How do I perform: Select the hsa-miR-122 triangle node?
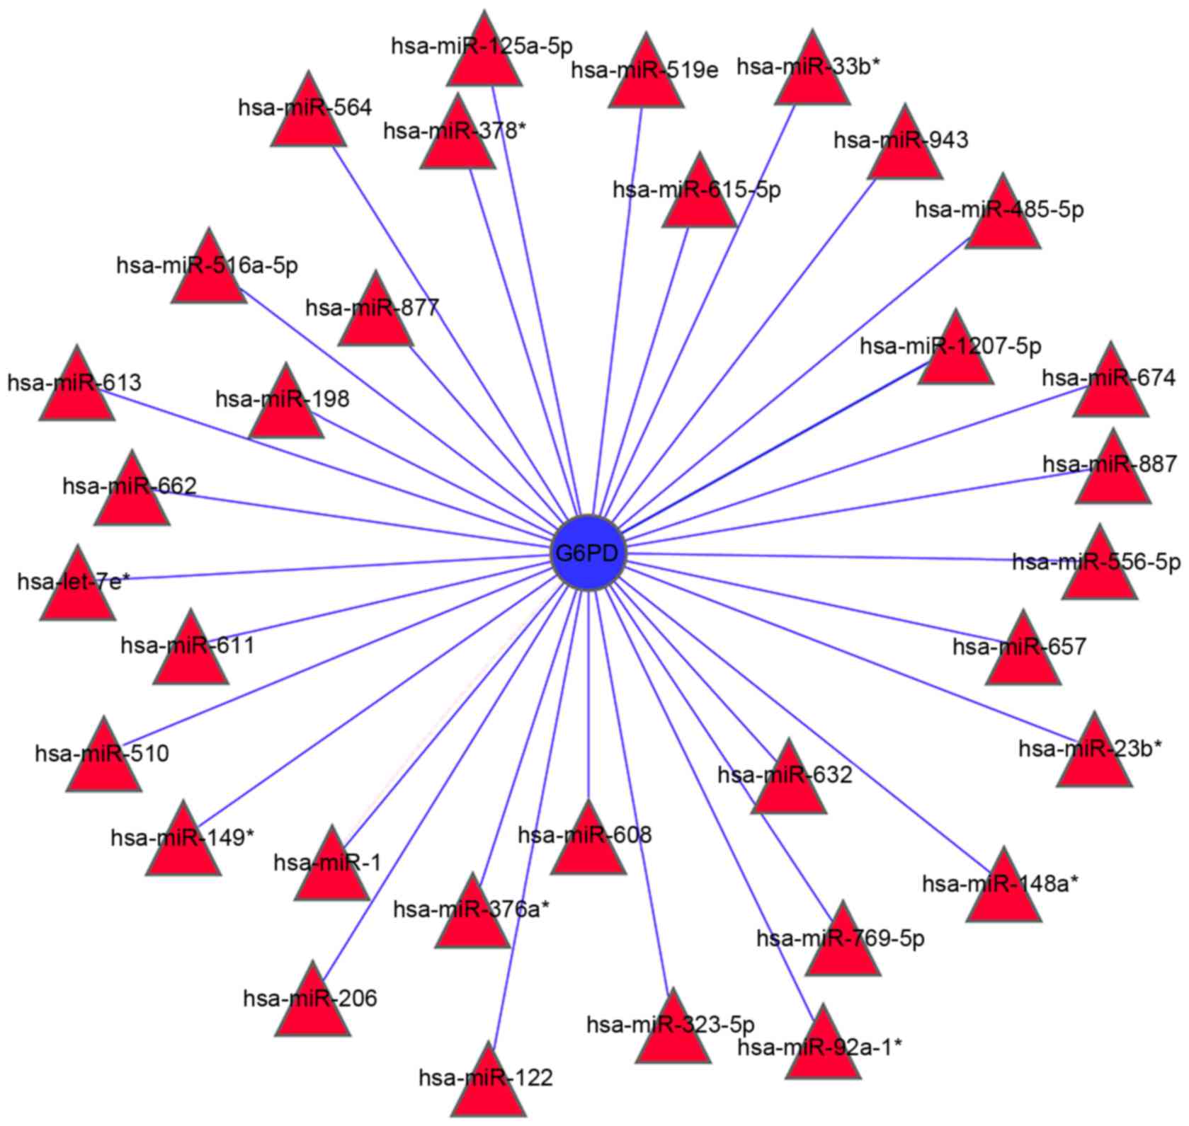(x=489, y=1086)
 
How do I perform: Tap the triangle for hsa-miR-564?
(x=308, y=117)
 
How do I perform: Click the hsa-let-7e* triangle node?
(x=77, y=591)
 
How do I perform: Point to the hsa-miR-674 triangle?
(x=1110, y=388)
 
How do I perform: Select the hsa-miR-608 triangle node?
(x=588, y=844)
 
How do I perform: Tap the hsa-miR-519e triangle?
(x=646, y=78)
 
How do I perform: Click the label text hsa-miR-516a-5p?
(x=207, y=265)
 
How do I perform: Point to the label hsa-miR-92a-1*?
(x=819, y=1047)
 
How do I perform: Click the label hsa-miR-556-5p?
(x=1096, y=562)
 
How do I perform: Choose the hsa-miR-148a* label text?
(x=1000, y=883)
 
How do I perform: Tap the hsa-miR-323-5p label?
(x=671, y=1024)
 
